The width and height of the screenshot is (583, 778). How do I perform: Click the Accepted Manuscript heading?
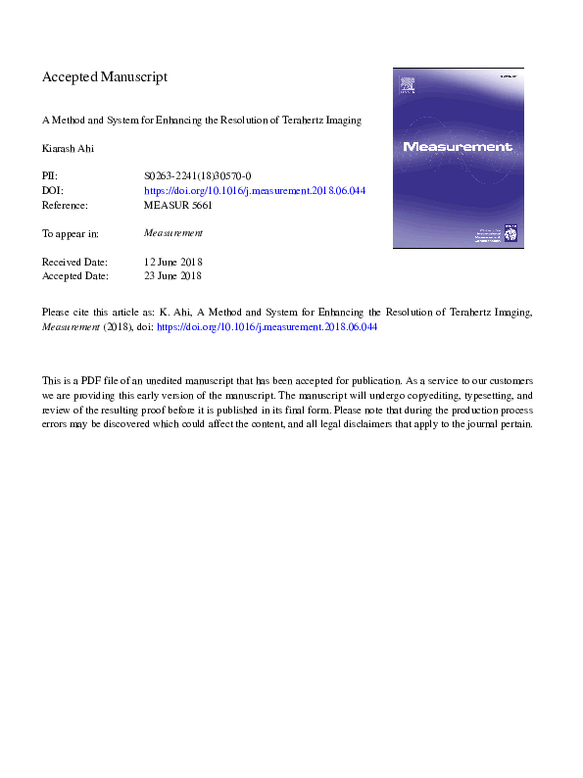pyautogui.click(x=105, y=76)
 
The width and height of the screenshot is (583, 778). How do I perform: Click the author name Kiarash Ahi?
pyautogui.click(x=67, y=149)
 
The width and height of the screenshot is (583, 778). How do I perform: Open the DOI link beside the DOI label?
pyautogui.click(x=255, y=191)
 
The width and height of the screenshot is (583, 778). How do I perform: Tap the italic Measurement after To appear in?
pyautogui.click(x=173, y=234)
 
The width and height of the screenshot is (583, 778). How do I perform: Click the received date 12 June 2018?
pyautogui.click(x=173, y=263)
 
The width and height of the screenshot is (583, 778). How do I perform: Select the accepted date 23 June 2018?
pyautogui.click(x=173, y=277)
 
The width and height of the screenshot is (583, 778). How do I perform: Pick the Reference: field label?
pyautogui.click(x=65, y=206)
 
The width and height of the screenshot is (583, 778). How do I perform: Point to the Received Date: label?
pyautogui.click(x=74, y=263)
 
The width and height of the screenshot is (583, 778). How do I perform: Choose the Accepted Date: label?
pyautogui.click(x=74, y=277)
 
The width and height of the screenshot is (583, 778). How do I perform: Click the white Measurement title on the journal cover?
pyautogui.click(x=457, y=147)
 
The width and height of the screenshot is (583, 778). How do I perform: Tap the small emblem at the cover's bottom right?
pyautogui.click(x=510, y=233)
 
